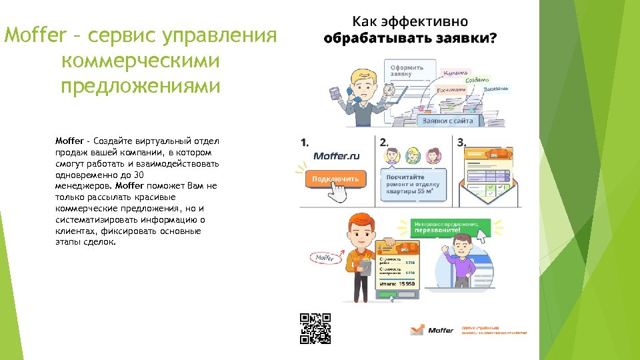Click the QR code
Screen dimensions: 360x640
[x=315, y=328]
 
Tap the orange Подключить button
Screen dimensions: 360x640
[x=336, y=179]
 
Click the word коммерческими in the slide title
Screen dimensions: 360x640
[x=139, y=60]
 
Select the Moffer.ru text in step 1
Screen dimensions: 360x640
[x=337, y=156]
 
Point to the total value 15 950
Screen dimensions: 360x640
[x=407, y=283]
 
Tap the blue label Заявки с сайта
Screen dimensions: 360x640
[x=447, y=121]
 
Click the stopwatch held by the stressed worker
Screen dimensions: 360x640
[x=389, y=90]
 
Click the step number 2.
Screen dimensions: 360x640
[x=383, y=141]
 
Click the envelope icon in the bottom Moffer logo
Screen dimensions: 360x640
[x=417, y=329]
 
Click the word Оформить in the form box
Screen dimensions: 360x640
[x=407, y=67]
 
